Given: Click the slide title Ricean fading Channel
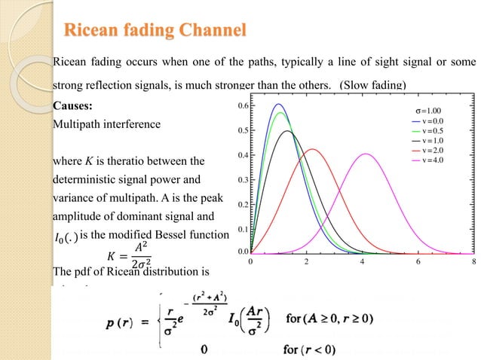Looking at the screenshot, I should click(155, 31).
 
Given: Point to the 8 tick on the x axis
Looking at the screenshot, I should click(473, 262).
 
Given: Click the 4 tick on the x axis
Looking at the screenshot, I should click(362, 262).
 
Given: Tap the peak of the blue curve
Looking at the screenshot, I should click(278, 104).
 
